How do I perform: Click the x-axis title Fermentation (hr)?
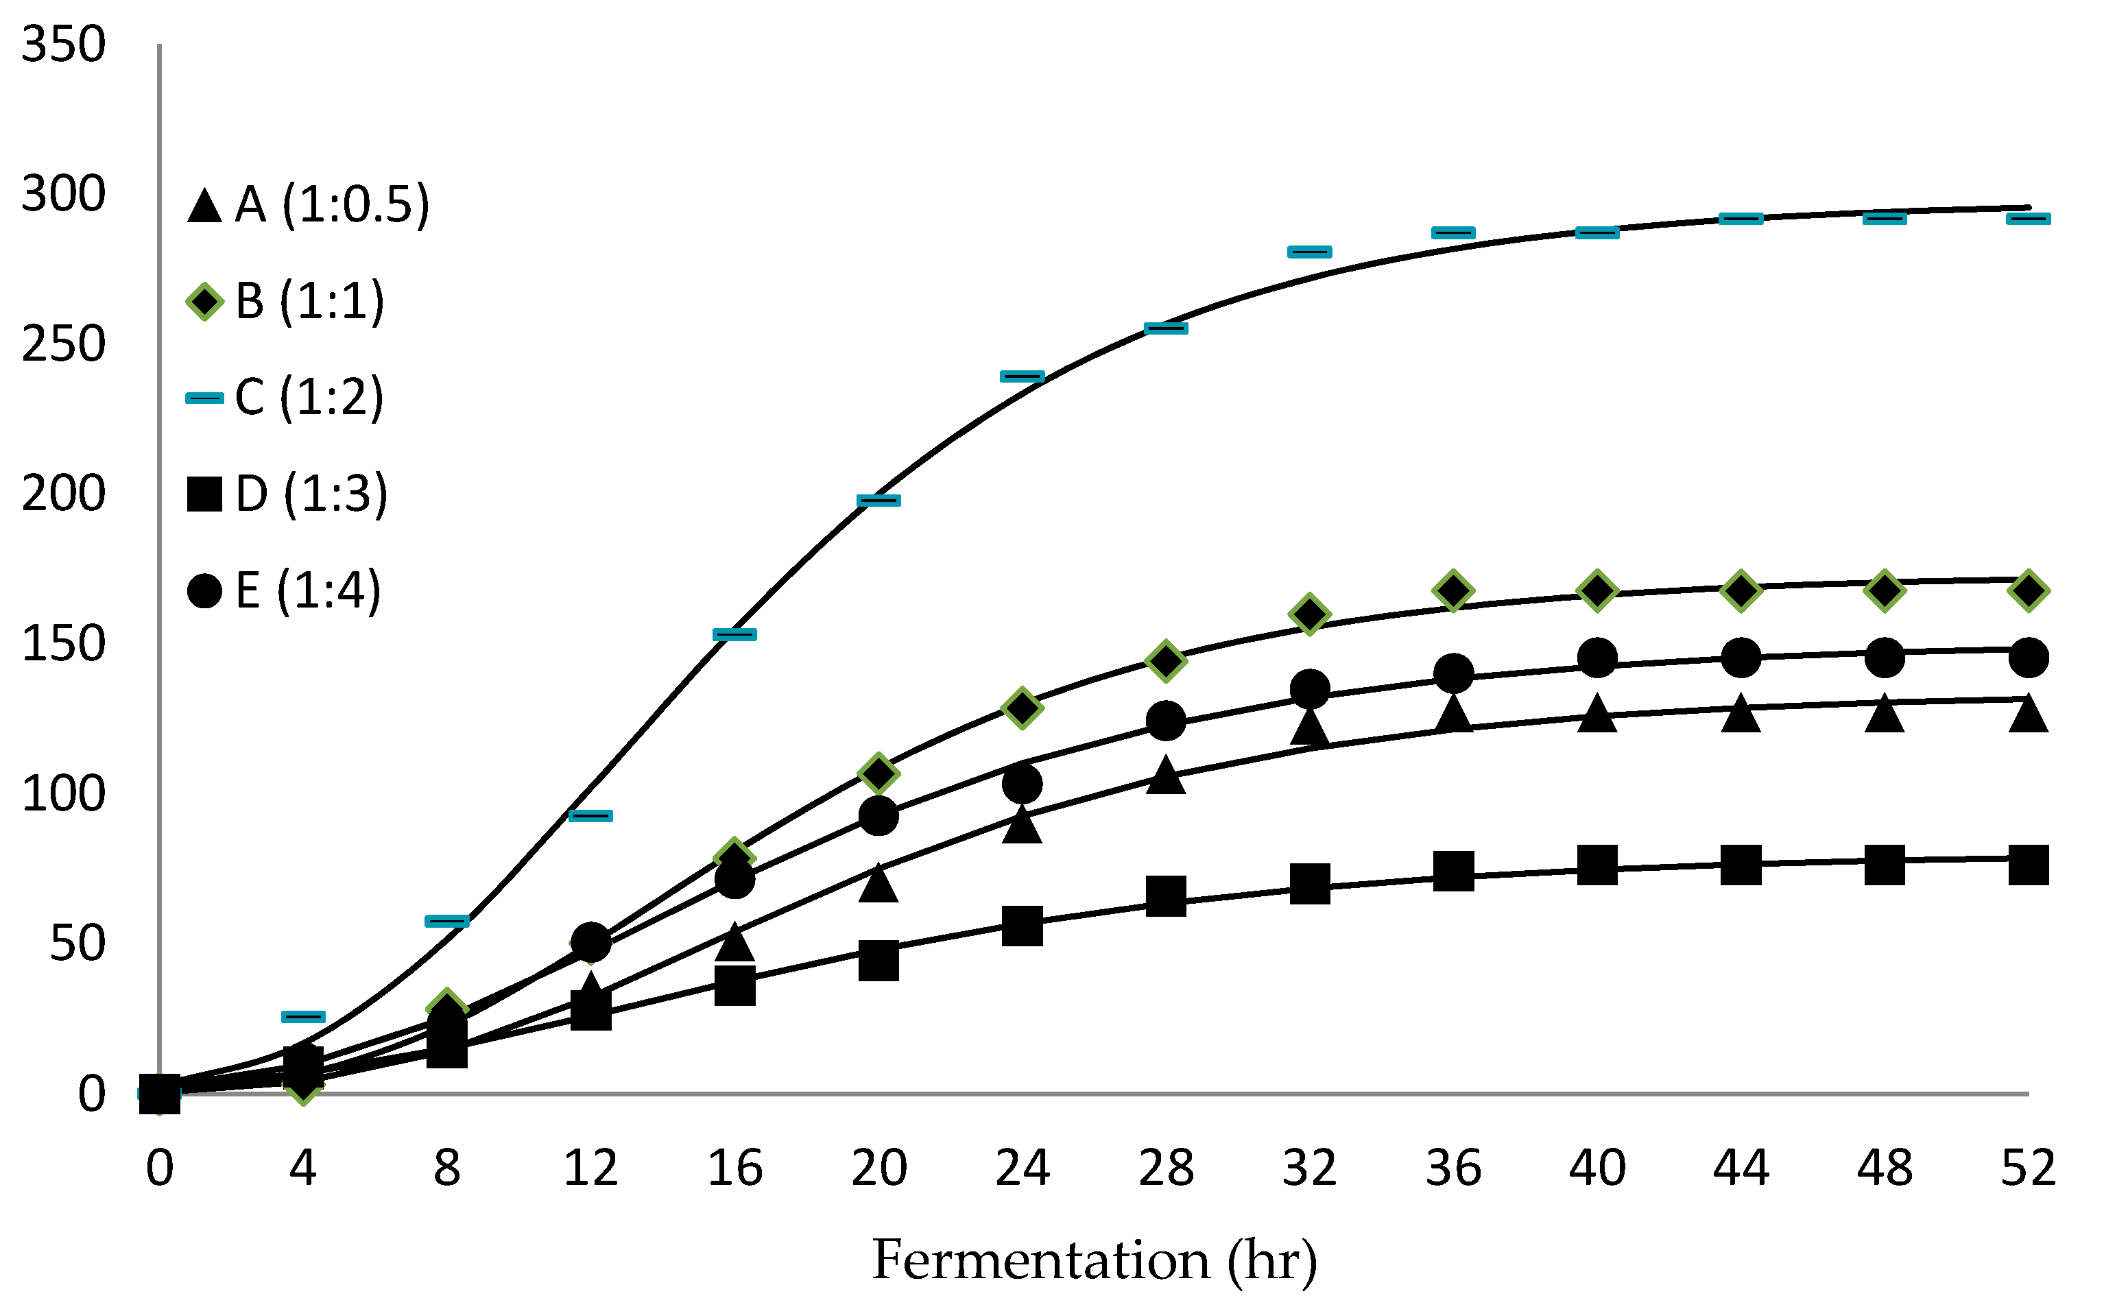pyautogui.click(x=1094, y=1260)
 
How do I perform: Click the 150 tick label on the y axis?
pyautogui.click(x=63, y=644)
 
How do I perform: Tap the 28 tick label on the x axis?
pyautogui.click(x=1165, y=1168)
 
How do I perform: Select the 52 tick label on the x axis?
pyautogui.click(x=2028, y=1168)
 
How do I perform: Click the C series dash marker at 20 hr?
pyautogui.click(x=878, y=501)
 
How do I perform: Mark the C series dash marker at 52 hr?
pyautogui.click(x=2028, y=218)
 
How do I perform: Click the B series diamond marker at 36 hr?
pyautogui.click(x=1453, y=590)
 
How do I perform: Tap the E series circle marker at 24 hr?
pyautogui.click(x=1022, y=784)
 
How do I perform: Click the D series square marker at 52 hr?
pyautogui.click(x=2028, y=865)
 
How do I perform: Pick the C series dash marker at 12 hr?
pyautogui.click(x=590, y=815)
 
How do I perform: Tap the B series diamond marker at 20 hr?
pyautogui.click(x=878, y=773)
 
